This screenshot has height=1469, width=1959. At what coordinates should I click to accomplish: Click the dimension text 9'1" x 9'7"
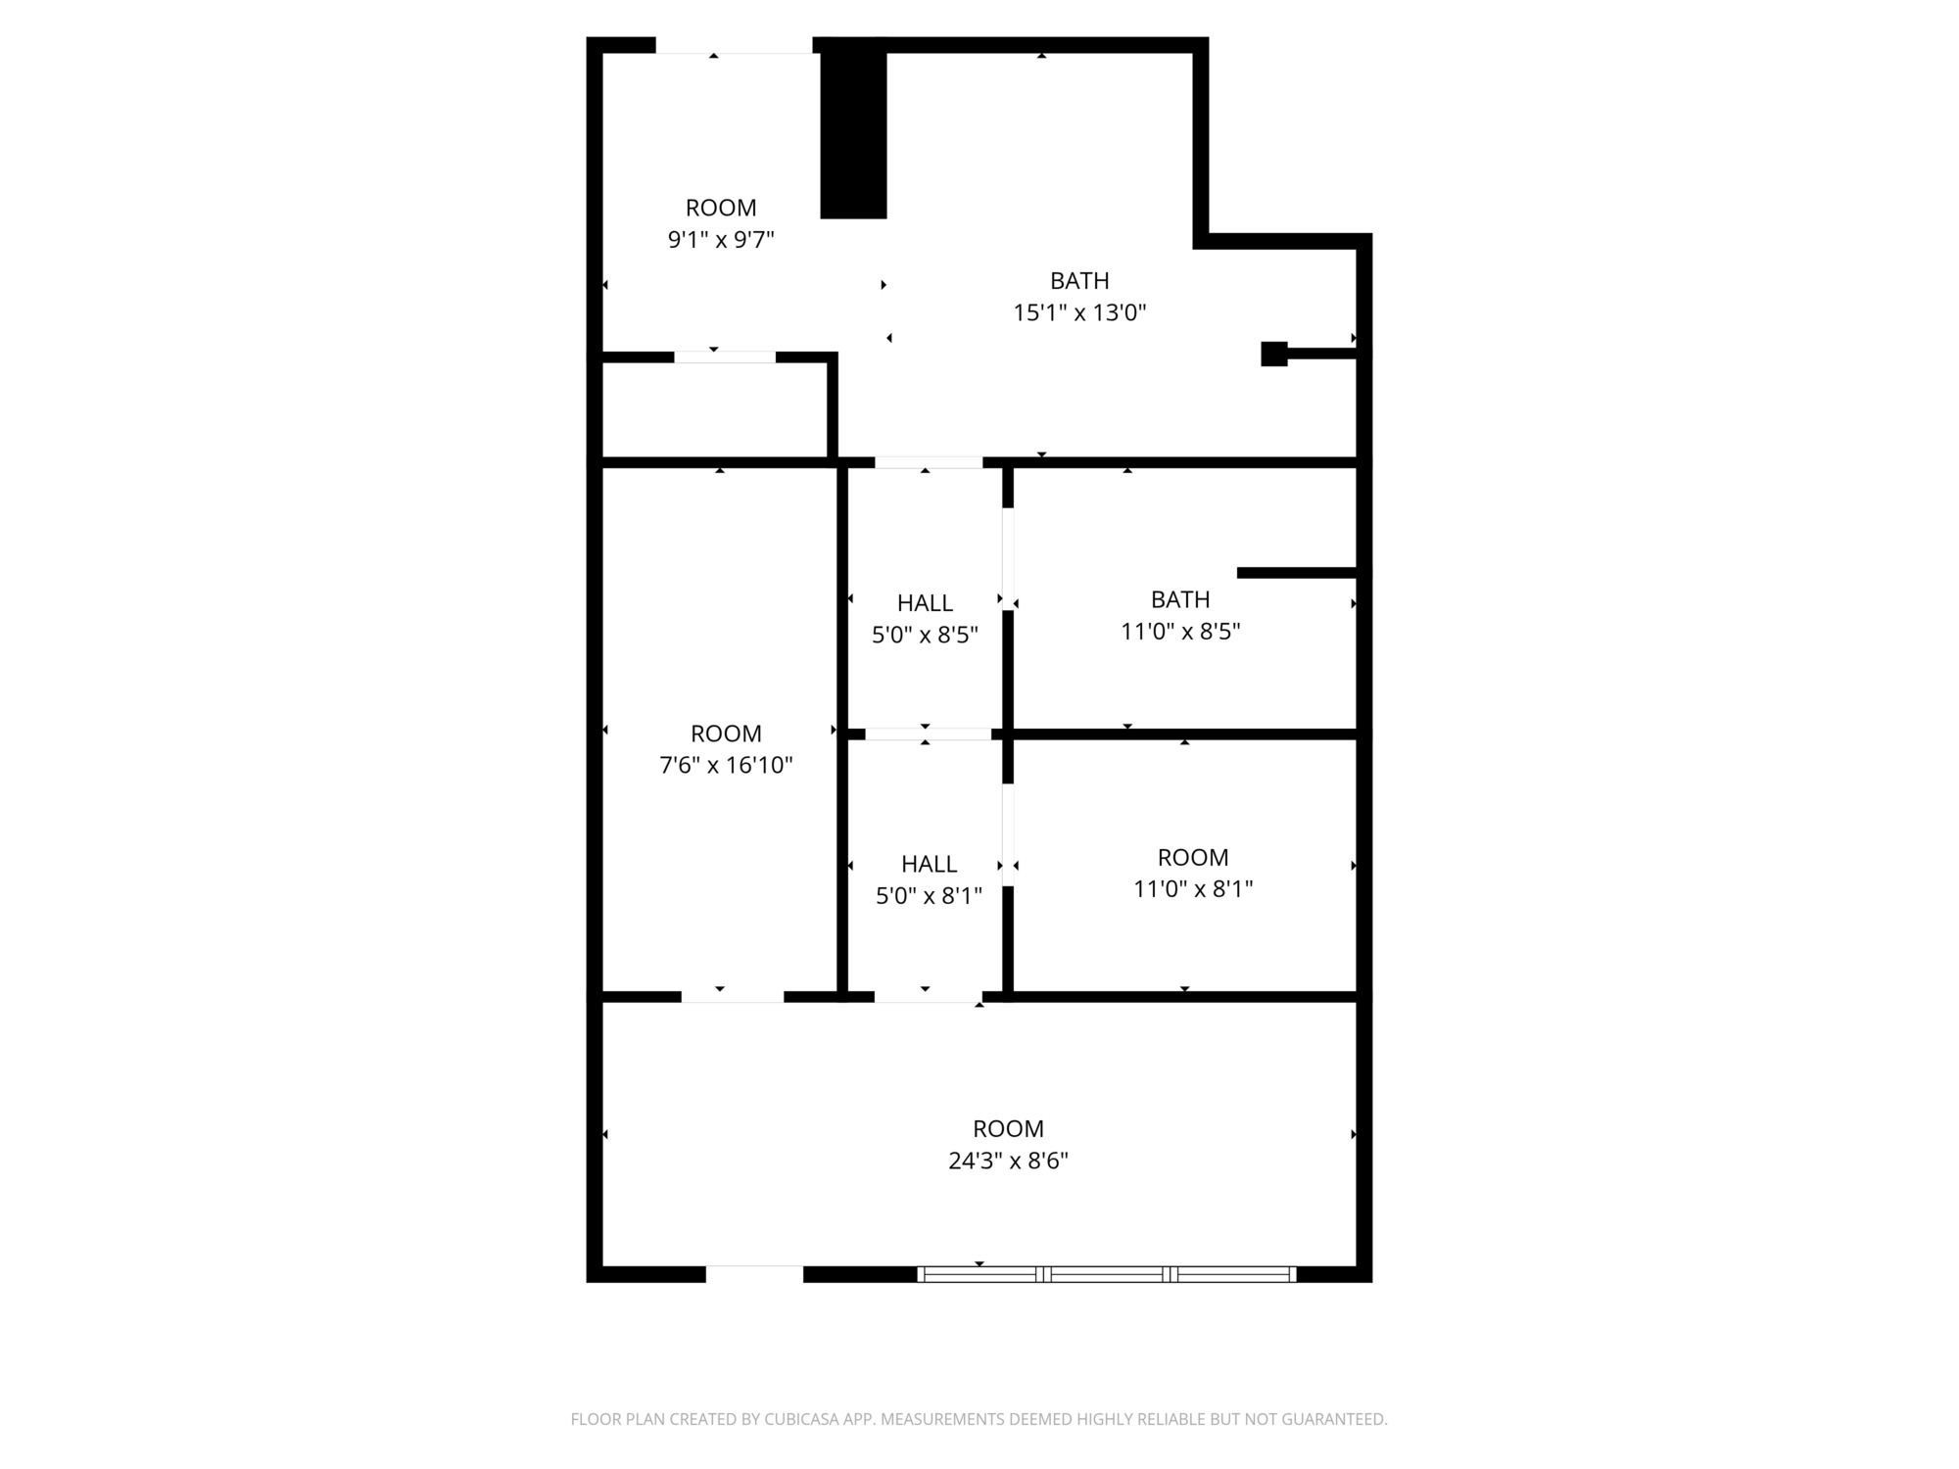pyautogui.click(x=721, y=240)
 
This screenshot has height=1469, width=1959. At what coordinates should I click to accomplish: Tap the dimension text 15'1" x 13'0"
pyautogui.click(x=1079, y=312)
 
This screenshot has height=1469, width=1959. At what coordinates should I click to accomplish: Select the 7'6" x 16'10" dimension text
pyautogui.click(x=726, y=765)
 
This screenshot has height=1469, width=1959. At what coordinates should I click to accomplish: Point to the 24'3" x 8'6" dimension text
pyautogui.click(x=1008, y=1161)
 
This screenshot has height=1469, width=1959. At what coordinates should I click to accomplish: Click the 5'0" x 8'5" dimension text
pyautogui.click(x=925, y=635)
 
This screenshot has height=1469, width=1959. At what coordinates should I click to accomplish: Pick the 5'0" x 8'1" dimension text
pyautogui.click(x=929, y=896)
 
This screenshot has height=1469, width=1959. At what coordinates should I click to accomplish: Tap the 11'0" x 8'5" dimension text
pyautogui.click(x=1180, y=632)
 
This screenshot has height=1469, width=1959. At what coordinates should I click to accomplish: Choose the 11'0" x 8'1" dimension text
pyautogui.click(x=1193, y=889)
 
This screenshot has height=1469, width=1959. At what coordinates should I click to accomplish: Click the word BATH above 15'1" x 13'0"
pyautogui.click(x=1079, y=281)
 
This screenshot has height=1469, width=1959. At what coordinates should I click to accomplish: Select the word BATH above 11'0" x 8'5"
pyautogui.click(x=1180, y=599)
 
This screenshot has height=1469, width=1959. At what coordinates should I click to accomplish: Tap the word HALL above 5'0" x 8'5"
pyautogui.click(x=925, y=603)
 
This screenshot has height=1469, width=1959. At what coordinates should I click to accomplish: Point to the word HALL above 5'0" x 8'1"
pyautogui.click(x=929, y=864)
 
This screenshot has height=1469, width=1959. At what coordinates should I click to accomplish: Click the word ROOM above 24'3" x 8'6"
pyautogui.click(x=1008, y=1128)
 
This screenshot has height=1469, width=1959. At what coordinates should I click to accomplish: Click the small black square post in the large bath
pyautogui.click(x=1273, y=354)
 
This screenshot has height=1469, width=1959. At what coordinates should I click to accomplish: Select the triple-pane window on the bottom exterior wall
pyautogui.click(x=1107, y=1274)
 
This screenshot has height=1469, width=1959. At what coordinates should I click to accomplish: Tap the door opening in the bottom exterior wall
pyautogui.click(x=754, y=1274)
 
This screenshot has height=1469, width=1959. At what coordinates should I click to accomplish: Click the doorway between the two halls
pyautogui.click(x=928, y=734)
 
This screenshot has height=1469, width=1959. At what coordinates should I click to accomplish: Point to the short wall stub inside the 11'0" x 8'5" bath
pyautogui.click(x=1297, y=573)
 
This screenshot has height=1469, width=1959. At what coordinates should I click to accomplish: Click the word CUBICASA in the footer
pyautogui.click(x=801, y=1419)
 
